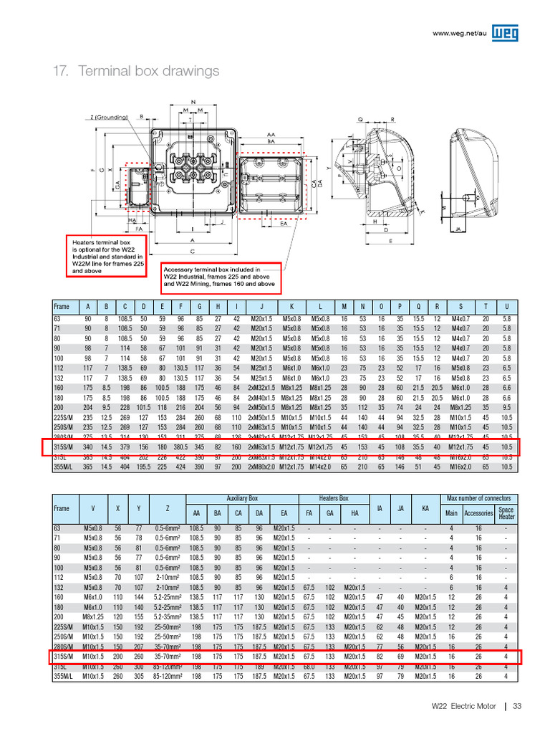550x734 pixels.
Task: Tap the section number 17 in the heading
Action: click(x=61, y=71)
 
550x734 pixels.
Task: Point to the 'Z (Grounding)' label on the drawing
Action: click(x=109, y=117)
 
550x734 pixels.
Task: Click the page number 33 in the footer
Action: click(x=517, y=707)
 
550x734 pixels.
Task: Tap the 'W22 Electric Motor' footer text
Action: click(x=463, y=707)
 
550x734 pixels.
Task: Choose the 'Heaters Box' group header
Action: click(x=333, y=497)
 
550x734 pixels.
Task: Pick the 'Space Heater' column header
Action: click(x=506, y=513)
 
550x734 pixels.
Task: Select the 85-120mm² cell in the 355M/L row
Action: click(x=166, y=675)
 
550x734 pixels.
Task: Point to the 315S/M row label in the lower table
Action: click(x=64, y=656)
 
